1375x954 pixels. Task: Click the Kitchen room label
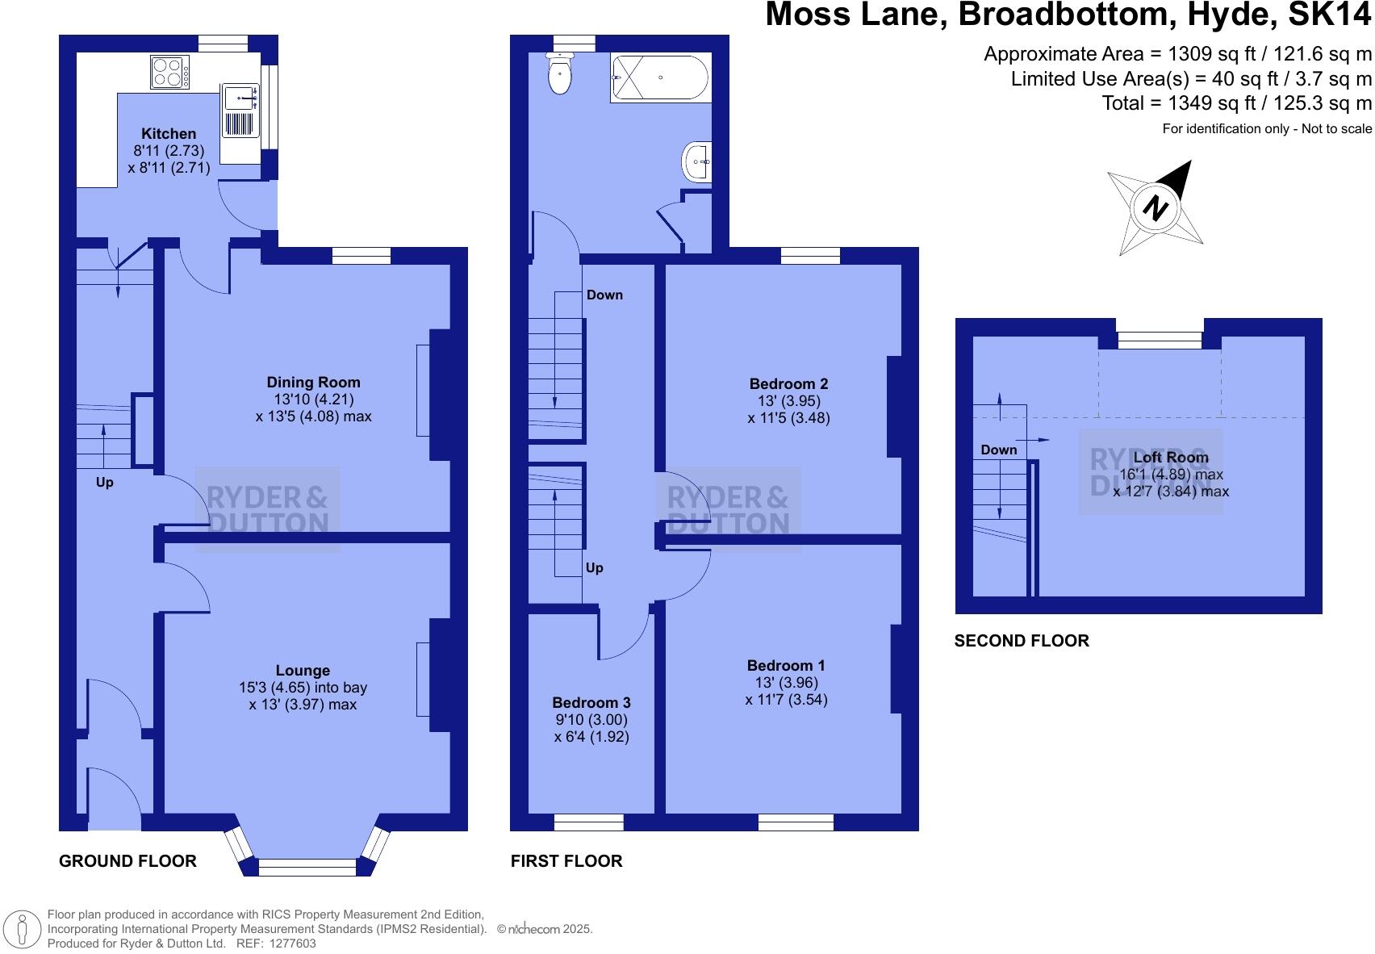(x=169, y=134)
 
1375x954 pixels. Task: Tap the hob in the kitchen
(x=169, y=72)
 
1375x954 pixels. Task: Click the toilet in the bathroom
(x=559, y=74)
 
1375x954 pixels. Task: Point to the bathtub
(x=660, y=77)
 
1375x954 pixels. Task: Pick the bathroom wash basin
(x=697, y=161)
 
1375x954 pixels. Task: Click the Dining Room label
(x=313, y=383)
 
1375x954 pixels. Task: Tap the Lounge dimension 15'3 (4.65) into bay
(x=303, y=688)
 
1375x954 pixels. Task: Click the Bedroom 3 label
(x=591, y=703)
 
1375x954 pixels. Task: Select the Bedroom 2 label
(x=788, y=384)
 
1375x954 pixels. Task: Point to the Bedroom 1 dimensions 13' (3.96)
(x=786, y=683)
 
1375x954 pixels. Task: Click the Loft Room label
(x=1171, y=458)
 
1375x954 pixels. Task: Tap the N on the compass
(x=1156, y=209)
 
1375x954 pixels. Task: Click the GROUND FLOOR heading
(x=127, y=861)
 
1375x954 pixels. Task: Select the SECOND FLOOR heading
(x=1022, y=641)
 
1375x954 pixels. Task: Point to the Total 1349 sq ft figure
(x=1236, y=103)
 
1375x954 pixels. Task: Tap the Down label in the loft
(x=999, y=450)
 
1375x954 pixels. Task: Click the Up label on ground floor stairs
(x=105, y=482)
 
